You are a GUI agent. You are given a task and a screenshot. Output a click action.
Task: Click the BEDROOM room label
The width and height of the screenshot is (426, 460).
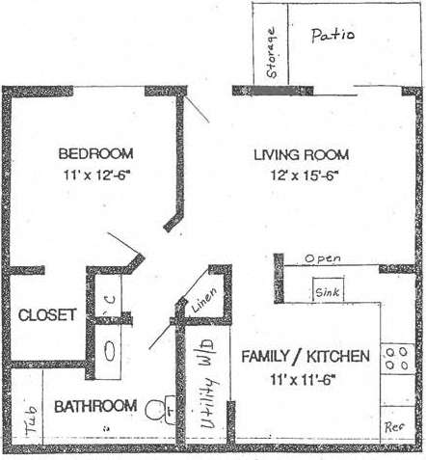(95, 153)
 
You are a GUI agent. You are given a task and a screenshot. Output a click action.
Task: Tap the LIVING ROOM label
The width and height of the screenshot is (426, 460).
(301, 154)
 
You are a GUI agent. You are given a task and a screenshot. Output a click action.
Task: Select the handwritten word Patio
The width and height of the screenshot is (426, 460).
(333, 35)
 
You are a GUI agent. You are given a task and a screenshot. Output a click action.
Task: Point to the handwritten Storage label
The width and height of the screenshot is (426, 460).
(273, 52)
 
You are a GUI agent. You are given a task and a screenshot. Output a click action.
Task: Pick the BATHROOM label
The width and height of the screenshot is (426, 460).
(94, 406)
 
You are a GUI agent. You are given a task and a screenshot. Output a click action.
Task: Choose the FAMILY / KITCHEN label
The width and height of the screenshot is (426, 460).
(305, 356)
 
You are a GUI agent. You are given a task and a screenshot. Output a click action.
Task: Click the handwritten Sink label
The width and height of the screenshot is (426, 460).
(326, 291)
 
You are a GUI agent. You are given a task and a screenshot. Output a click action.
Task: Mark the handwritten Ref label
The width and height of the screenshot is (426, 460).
(394, 424)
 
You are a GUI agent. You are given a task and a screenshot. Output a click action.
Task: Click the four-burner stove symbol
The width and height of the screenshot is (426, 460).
(394, 360)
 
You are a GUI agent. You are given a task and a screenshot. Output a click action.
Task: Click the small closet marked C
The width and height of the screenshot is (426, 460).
(110, 299)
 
